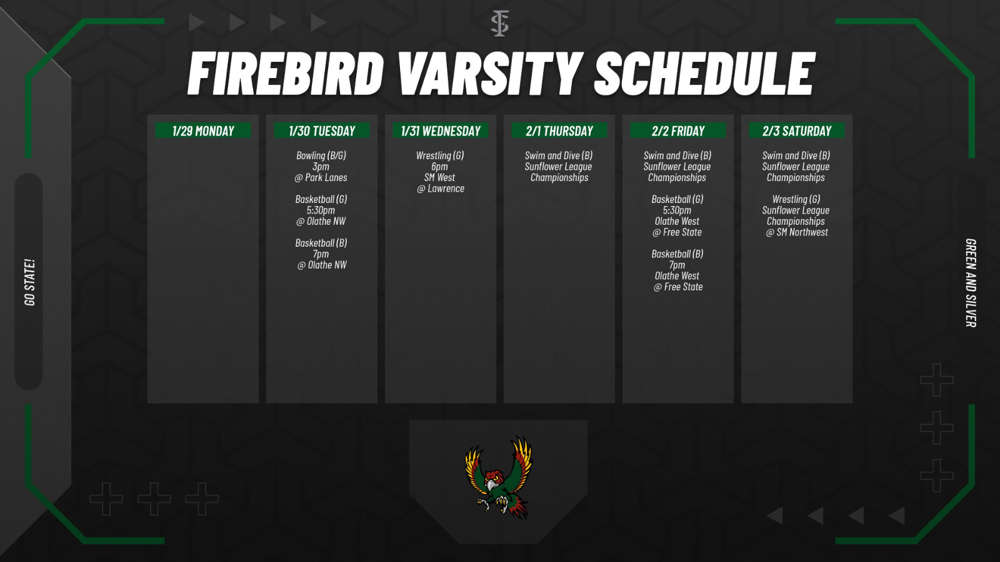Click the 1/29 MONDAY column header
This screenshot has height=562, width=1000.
203,131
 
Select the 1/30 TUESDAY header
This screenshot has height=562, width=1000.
322,131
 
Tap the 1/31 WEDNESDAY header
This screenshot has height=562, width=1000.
441,131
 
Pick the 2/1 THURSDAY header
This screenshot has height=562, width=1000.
559,131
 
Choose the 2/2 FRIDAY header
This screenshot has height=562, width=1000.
678,131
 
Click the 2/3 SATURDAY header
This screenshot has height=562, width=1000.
797,131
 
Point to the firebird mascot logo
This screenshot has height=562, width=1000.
499,477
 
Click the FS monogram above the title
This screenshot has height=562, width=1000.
499,24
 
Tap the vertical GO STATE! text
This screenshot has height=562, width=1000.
29,282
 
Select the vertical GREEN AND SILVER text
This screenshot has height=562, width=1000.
970,283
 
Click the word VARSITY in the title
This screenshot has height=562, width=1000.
489,74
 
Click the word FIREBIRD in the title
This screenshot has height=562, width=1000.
286,74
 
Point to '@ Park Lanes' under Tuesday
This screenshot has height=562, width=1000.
321,178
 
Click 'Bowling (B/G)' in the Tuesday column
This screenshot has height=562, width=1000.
321,155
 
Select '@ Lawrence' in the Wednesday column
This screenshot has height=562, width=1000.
441,189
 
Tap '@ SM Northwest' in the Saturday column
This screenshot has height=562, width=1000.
797,232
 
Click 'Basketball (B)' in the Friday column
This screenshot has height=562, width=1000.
677,254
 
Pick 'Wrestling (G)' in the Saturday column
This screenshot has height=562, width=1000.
796,199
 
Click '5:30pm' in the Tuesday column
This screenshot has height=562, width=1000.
321,210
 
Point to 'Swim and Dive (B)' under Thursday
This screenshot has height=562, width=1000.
559,155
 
